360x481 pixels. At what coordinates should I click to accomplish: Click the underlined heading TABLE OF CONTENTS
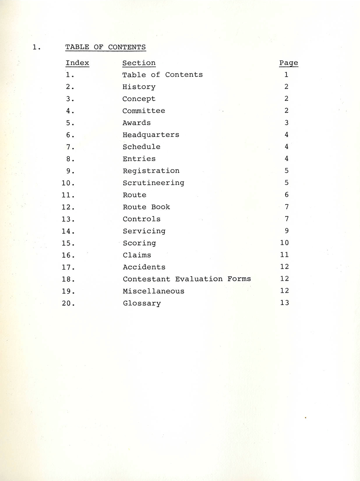click(x=105, y=47)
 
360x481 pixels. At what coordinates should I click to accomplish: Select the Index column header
click(x=77, y=63)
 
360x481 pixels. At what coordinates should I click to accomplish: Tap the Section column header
click(x=139, y=63)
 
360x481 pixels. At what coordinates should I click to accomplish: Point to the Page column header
click(x=289, y=63)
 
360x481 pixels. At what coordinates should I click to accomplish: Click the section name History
click(x=139, y=87)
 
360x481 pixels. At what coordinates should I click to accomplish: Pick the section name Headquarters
click(x=151, y=135)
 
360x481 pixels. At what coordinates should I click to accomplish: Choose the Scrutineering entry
click(x=153, y=183)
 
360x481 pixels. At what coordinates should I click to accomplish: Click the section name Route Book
click(x=146, y=207)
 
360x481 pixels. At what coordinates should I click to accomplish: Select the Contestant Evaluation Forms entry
click(x=187, y=279)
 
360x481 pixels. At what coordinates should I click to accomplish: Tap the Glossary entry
click(x=142, y=303)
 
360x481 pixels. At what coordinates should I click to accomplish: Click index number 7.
click(x=70, y=147)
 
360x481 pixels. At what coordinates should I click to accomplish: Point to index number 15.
click(x=68, y=243)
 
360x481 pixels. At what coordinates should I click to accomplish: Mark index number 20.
click(x=68, y=303)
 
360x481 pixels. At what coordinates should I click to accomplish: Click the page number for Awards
click(x=287, y=123)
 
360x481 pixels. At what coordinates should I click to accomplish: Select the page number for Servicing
click(x=287, y=231)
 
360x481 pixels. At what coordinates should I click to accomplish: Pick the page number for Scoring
click(x=284, y=243)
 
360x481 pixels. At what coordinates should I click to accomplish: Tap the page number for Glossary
click(x=284, y=303)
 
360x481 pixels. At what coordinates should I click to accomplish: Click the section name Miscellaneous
click(x=153, y=291)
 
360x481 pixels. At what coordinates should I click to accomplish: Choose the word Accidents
click(x=144, y=267)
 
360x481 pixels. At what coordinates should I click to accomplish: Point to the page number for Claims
click(x=284, y=255)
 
